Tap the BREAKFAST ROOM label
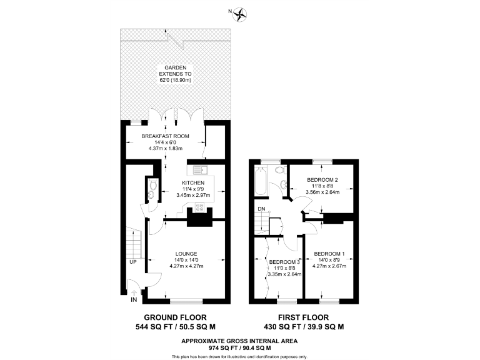166,136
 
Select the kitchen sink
199,168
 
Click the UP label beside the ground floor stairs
133,262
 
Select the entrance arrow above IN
132,289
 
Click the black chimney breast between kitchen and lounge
199,219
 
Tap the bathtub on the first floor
260,182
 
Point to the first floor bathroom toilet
280,170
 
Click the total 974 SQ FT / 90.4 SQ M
239,347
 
